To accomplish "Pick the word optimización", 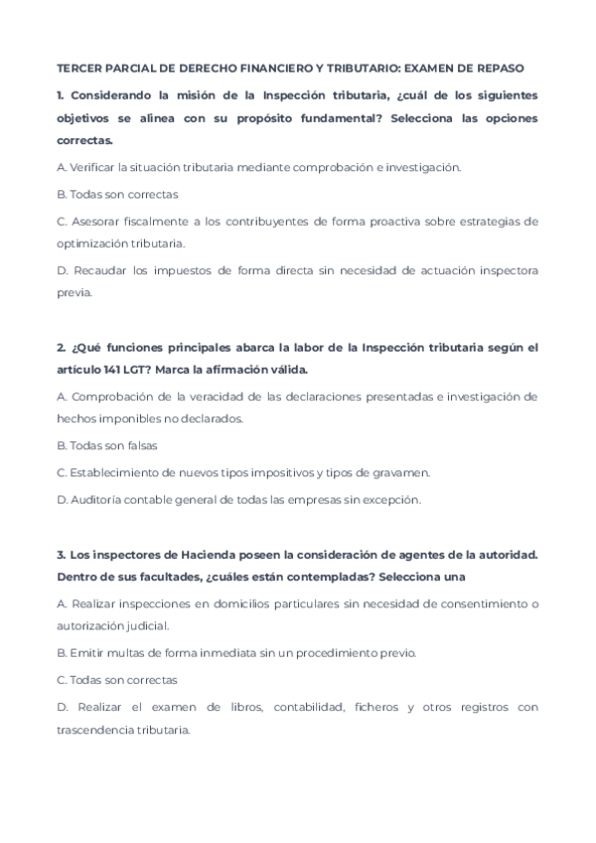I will [x=95, y=243].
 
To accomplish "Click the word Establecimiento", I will [x=117, y=472].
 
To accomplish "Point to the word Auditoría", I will [x=97, y=499].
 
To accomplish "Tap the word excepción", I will [x=393, y=499].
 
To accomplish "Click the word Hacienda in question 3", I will [x=196, y=554].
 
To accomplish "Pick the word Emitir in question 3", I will [x=83, y=653].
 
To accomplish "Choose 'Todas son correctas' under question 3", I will [x=124, y=680].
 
